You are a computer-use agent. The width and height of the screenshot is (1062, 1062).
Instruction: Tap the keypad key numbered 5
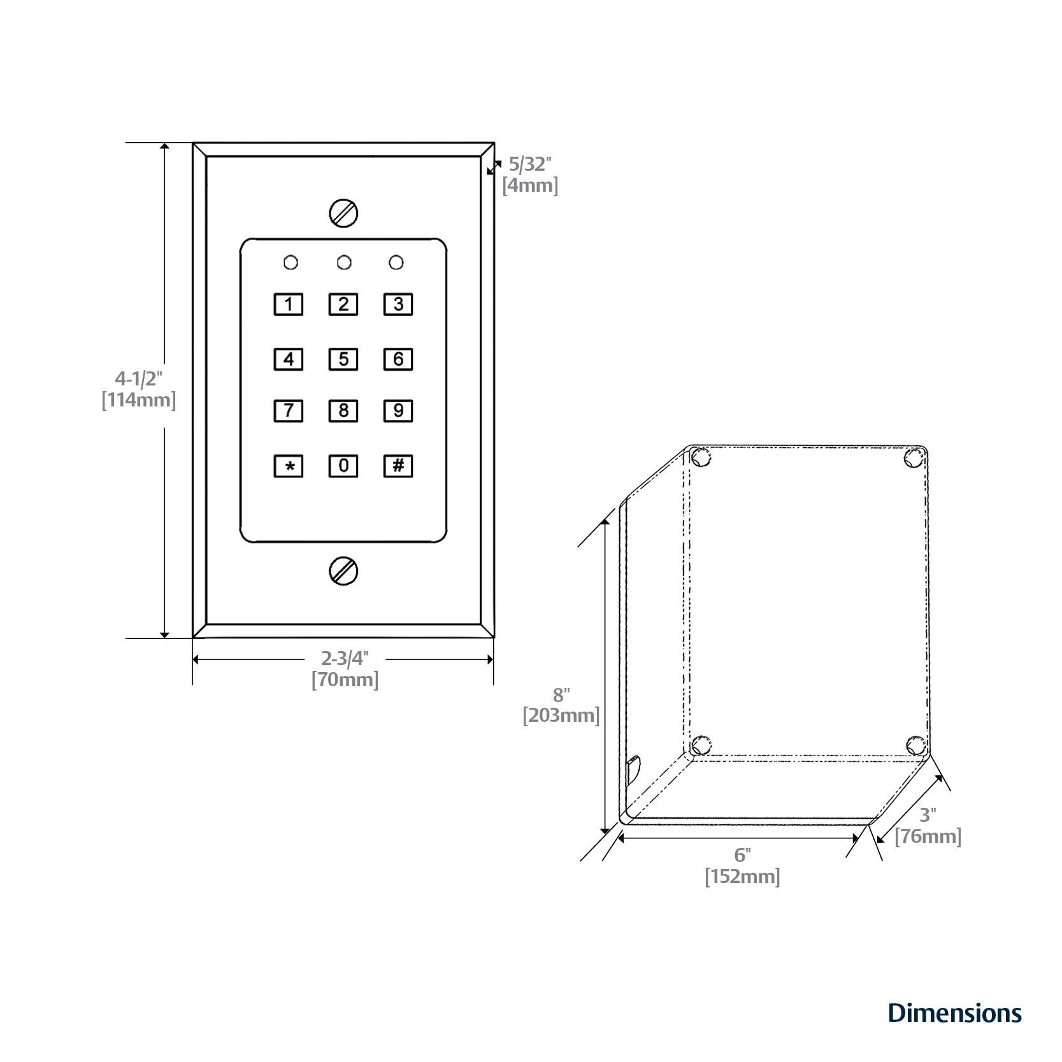[x=343, y=359]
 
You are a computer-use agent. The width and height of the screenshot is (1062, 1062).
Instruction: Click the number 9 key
[x=398, y=411]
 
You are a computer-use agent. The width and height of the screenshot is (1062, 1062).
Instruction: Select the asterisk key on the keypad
[x=289, y=466]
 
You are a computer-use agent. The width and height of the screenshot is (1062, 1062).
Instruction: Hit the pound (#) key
[x=398, y=466]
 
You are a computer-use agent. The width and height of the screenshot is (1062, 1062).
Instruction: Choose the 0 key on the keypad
[x=343, y=466]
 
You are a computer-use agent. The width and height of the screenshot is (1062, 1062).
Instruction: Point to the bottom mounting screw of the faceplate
[x=343, y=570]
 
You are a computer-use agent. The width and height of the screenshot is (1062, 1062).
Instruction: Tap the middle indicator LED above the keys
[x=344, y=262]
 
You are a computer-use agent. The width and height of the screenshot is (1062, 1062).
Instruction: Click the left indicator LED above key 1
[x=291, y=262]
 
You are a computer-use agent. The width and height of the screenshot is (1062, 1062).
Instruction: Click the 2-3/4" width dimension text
[x=345, y=658]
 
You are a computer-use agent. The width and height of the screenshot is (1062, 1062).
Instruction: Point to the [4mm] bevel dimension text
[x=530, y=186]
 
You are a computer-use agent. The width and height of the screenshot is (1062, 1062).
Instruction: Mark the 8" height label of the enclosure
[x=561, y=695]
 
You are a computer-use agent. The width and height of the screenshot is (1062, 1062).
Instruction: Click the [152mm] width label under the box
[x=742, y=877]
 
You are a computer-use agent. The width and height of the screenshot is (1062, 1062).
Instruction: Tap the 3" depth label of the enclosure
[x=928, y=815]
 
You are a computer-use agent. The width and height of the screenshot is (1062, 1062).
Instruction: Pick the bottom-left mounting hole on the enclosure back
[x=701, y=744]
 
